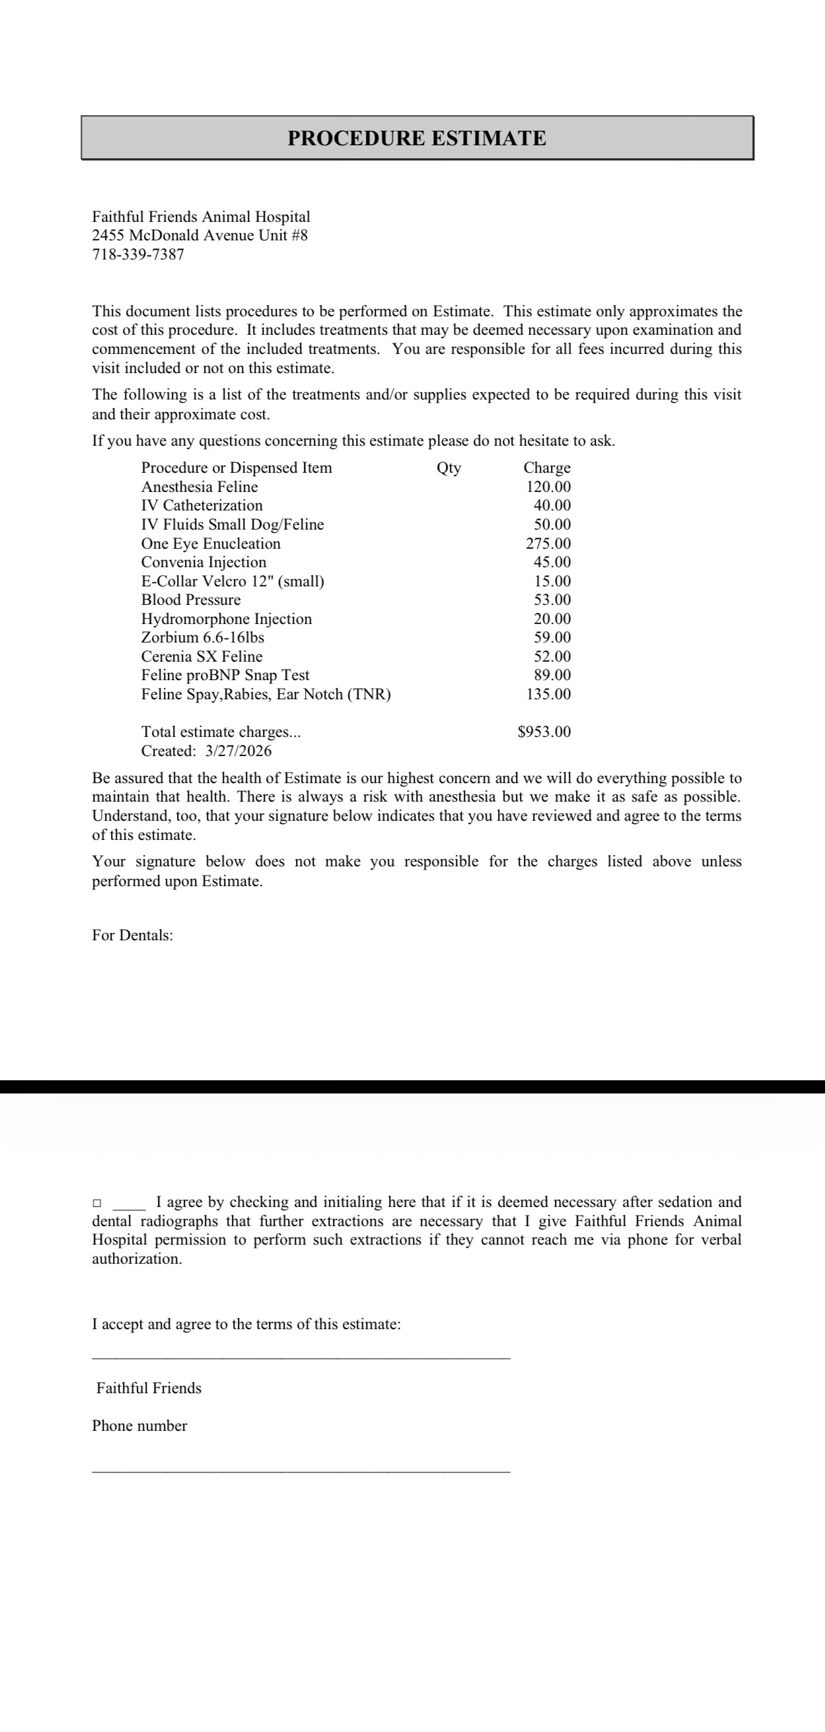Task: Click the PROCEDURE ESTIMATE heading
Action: [x=417, y=139]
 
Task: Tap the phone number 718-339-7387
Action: [x=138, y=255]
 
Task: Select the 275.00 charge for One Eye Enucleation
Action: [x=548, y=543]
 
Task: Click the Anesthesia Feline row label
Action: [x=199, y=487]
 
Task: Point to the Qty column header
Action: [x=448, y=468]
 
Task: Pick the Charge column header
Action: [x=547, y=468]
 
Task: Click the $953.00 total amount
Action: [x=544, y=732]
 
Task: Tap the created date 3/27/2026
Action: [x=238, y=751]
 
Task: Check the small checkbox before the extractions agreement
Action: [x=97, y=1202]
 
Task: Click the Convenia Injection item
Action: [x=203, y=562]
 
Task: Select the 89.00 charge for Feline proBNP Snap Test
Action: [x=552, y=675]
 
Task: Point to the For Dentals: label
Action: [x=133, y=935]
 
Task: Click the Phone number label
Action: [x=139, y=1426]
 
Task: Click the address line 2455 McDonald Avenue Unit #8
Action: [x=199, y=235]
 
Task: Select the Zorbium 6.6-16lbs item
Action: [x=202, y=637]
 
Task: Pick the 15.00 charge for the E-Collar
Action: [x=552, y=581]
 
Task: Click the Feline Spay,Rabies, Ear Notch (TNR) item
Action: [x=266, y=694]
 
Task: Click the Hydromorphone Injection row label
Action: [x=226, y=619]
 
